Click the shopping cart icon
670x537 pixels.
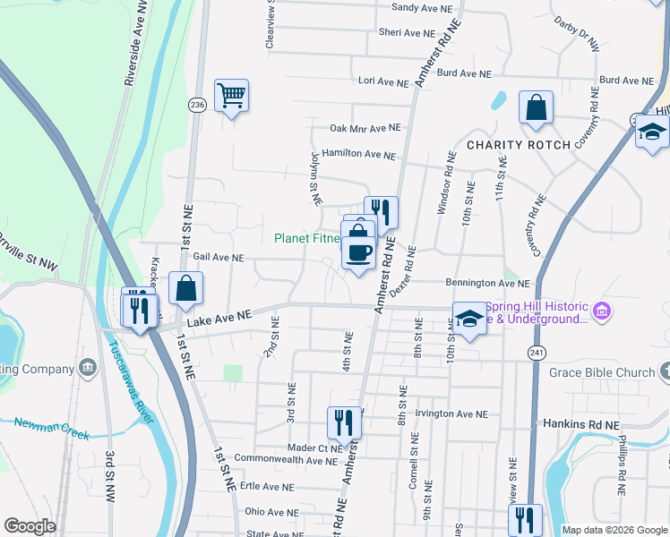click(231, 95)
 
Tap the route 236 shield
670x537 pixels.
click(196, 106)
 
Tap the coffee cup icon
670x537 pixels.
click(359, 253)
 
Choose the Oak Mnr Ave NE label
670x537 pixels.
click(365, 128)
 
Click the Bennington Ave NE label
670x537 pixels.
click(488, 283)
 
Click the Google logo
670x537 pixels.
click(30, 526)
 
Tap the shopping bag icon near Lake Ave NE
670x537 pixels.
click(186, 289)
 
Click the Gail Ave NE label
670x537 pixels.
click(212, 257)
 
